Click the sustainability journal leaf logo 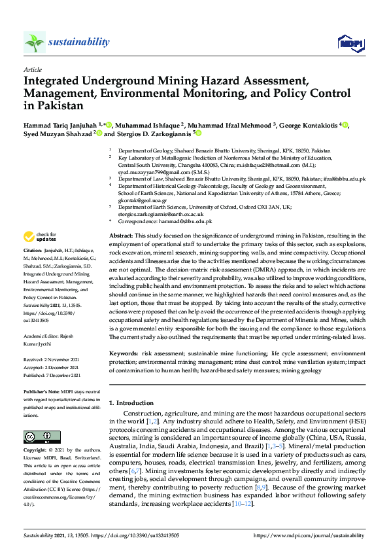point(34,43)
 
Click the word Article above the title point(33,69)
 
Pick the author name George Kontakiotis point(311,124)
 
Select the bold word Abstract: point(120,235)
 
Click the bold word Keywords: point(123,353)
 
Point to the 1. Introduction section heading point(131,403)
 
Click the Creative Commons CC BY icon point(37,436)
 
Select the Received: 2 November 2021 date point(52,359)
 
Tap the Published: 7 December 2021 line point(52,375)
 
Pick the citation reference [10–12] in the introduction point(241,505)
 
